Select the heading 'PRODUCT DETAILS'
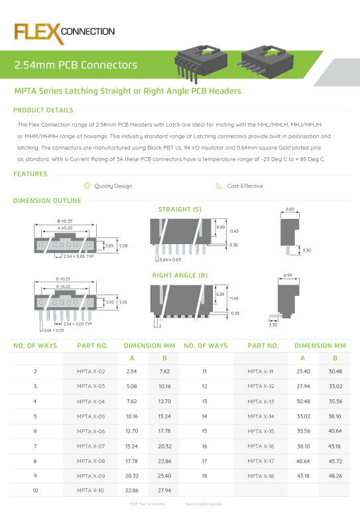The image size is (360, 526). [x=43, y=110]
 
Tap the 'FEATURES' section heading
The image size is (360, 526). [x=30, y=174]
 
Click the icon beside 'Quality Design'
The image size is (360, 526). [x=86, y=186]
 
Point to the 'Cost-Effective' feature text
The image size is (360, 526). [x=245, y=186]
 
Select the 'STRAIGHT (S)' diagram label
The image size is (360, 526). [x=180, y=210]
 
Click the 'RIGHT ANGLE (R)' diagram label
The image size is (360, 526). [x=180, y=275]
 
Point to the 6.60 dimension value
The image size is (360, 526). [x=289, y=209]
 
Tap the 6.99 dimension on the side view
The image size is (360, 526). [x=288, y=275]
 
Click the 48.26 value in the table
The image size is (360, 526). [x=335, y=476]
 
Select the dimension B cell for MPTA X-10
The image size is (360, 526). [x=165, y=491]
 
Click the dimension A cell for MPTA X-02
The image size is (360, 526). [x=131, y=371]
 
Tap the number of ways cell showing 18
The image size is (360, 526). [x=205, y=476]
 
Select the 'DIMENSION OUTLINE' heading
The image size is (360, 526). [x=47, y=200]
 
